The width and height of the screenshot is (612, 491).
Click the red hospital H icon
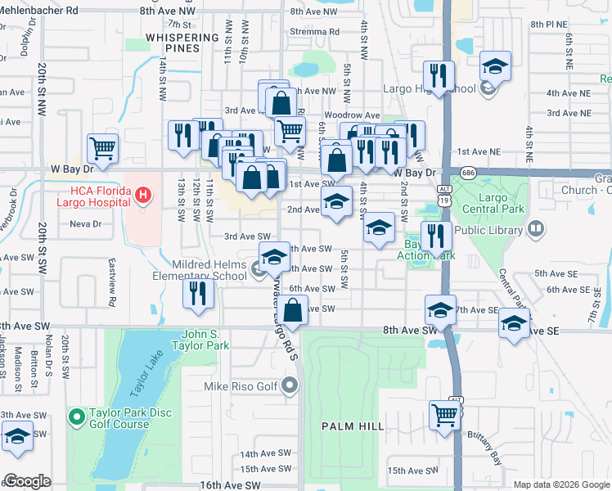tap(143, 195)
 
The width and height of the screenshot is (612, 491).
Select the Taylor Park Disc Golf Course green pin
tap(76, 418)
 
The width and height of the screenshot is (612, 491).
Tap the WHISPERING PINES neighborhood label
tap(184, 43)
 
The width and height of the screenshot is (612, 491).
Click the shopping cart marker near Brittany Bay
tap(444, 413)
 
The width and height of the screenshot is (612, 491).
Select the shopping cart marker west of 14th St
tap(103, 148)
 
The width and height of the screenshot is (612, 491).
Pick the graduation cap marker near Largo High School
tap(494, 66)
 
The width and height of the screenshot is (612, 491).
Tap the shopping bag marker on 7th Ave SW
tap(294, 310)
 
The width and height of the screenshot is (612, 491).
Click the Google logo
tap(28, 481)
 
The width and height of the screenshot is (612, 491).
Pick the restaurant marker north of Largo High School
tap(439, 76)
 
